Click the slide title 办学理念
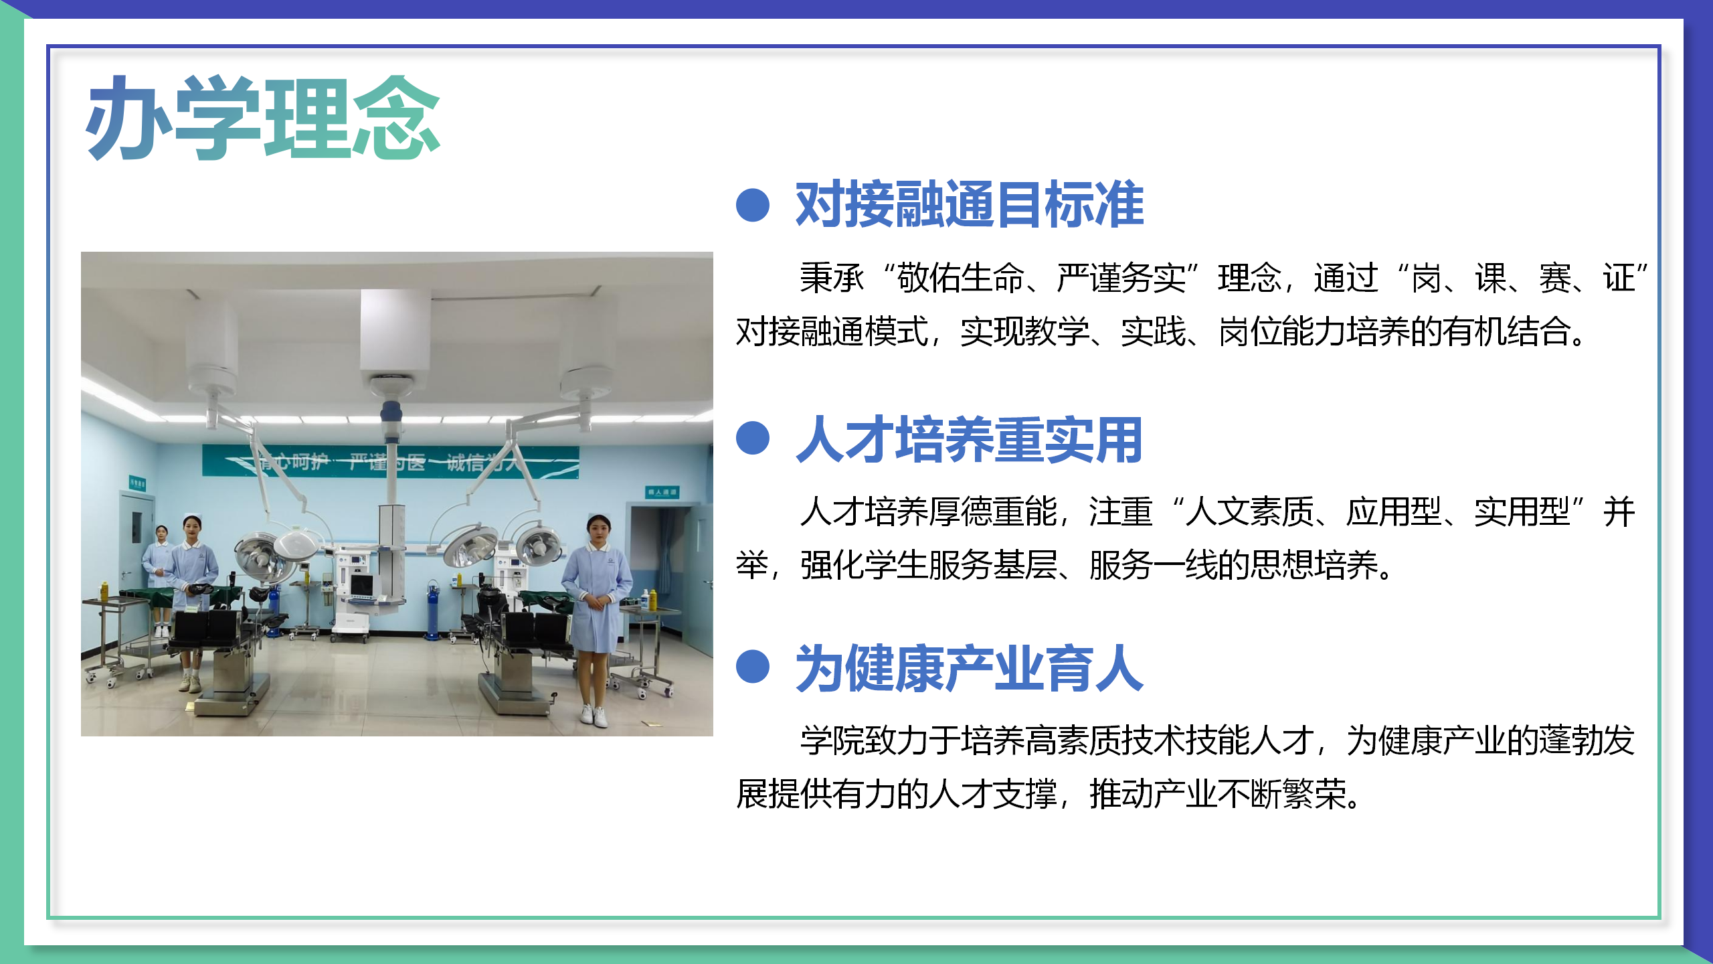(x=262, y=118)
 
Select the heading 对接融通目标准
(x=969, y=205)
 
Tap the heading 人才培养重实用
(x=969, y=440)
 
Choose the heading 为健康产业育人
(x=969, y=669)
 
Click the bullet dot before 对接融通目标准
(x=753, y=205)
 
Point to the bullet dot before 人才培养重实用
(x=753, y=438)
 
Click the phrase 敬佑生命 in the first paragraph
(x=961, y=278)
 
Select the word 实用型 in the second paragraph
(x=1522, y=512)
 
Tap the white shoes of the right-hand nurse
(x=594, y=716)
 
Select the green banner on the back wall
(x=390, y=462)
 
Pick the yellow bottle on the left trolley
(x=104, y=590)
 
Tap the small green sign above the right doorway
(x=662, y=492)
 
